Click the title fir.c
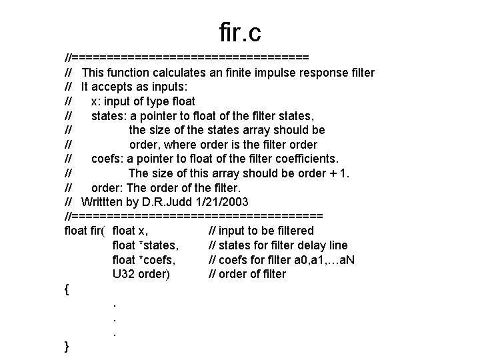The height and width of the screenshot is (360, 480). [239, 32]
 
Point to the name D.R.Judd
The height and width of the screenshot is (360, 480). [172, 202]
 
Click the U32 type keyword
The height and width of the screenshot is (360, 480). [124, 274]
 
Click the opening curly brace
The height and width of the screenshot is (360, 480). [67, 289]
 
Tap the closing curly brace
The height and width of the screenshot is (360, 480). [67, 346]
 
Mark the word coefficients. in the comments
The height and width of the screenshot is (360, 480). [306, 159]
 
